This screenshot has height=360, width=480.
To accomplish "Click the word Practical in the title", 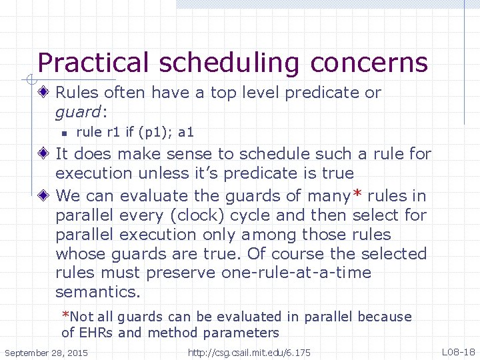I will click(x=93, y=63).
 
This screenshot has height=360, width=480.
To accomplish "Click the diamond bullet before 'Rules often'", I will click(x=44, y=93).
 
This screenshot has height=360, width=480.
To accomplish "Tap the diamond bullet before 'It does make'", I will click(x=44, y=154).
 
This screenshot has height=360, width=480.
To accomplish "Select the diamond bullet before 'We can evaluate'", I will click(x=44, y=196).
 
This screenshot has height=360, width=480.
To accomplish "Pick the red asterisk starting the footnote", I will click(x=65, y=316).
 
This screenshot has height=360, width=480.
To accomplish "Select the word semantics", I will click(x=96, y=293).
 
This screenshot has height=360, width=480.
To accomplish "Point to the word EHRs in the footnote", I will click(x=101, y=333).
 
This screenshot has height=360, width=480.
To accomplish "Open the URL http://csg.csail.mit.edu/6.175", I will click(x=249, y=352).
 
